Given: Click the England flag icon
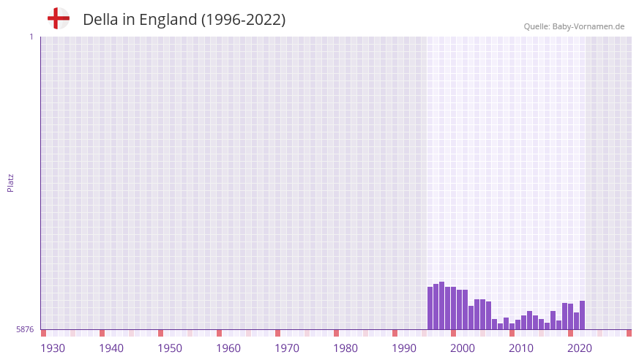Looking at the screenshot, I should point(58,19).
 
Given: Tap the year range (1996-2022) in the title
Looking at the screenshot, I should point(243,20).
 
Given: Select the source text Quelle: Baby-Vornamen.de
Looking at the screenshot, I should point(574,26).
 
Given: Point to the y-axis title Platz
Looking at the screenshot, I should point(10,182).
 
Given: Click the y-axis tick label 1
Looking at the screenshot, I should point(31,37).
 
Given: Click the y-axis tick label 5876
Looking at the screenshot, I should point(25,330).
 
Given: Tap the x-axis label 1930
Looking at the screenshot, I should point(53,348).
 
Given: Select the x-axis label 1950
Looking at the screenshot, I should point(170,348).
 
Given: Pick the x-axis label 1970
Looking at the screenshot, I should point(287,348).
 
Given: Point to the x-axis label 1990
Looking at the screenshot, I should point(404,348).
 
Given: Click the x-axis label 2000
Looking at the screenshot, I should point(463,348).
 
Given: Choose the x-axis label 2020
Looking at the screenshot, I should point(580,348).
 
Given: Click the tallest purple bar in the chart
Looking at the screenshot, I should point(441,306).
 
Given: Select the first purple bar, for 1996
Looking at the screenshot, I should point(430,308).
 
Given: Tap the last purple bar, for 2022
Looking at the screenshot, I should point(582,315).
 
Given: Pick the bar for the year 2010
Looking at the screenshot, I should point(512,326).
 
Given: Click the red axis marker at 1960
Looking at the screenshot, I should point(219,333).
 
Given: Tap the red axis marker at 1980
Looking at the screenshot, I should point(336,333).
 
